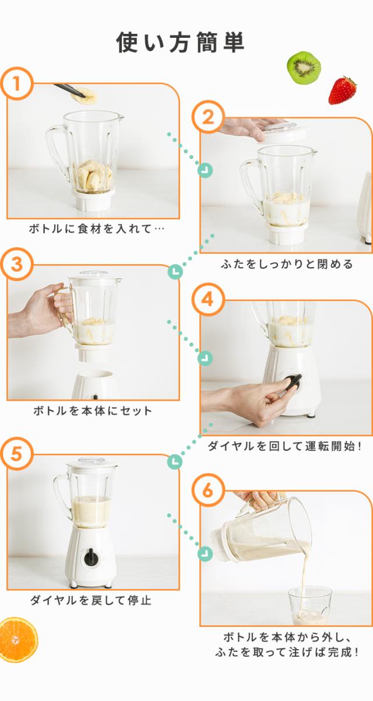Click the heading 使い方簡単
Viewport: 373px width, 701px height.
[181, 42]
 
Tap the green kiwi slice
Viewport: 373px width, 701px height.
[304, 68]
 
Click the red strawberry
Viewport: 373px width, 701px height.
[342, 90]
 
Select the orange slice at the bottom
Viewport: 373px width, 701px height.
[18, 640]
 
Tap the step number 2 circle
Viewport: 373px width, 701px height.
[208, 117]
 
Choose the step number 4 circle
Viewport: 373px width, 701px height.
[208, 300]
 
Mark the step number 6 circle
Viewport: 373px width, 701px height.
[208, 490]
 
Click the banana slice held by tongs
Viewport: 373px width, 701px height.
[85, 96]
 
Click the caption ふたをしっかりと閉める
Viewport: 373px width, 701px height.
[287, 264]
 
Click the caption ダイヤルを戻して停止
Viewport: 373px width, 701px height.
[91, 600]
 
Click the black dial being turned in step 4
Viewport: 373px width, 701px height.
[293, 383]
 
